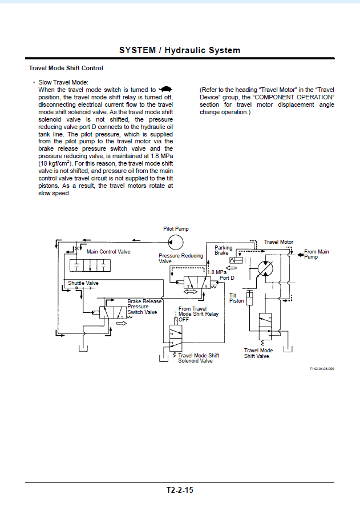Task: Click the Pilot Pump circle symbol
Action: [x=175, y=242]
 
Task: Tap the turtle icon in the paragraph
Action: [x=165, y=89]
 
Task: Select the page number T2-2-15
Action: [x=180, y=490]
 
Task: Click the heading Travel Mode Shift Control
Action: [x=66, y=68]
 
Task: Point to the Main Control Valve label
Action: [x=108, y=252]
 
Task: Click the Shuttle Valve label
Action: [x=83, y=283]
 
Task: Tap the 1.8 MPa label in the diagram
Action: [x=217, y=272]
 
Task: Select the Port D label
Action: [x=227, y=277]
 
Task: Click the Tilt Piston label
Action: [x=237, y=298]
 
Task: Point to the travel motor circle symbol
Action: [x=265, y=268]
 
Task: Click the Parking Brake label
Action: [x=224, y=250]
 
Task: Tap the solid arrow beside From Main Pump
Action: [x=301, y=255]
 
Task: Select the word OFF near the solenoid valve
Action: [x=184, y=319]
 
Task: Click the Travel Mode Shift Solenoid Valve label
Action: [x=199, y=358]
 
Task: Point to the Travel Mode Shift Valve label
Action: [x=258, y=353]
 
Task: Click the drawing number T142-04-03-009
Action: [x=322, y=369]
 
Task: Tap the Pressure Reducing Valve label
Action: [x=181, y=259]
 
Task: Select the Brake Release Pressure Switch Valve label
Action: [x=144, y=307]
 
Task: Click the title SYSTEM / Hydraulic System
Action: [x=180, y=50]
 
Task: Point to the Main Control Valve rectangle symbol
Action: [x=90, y=265]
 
